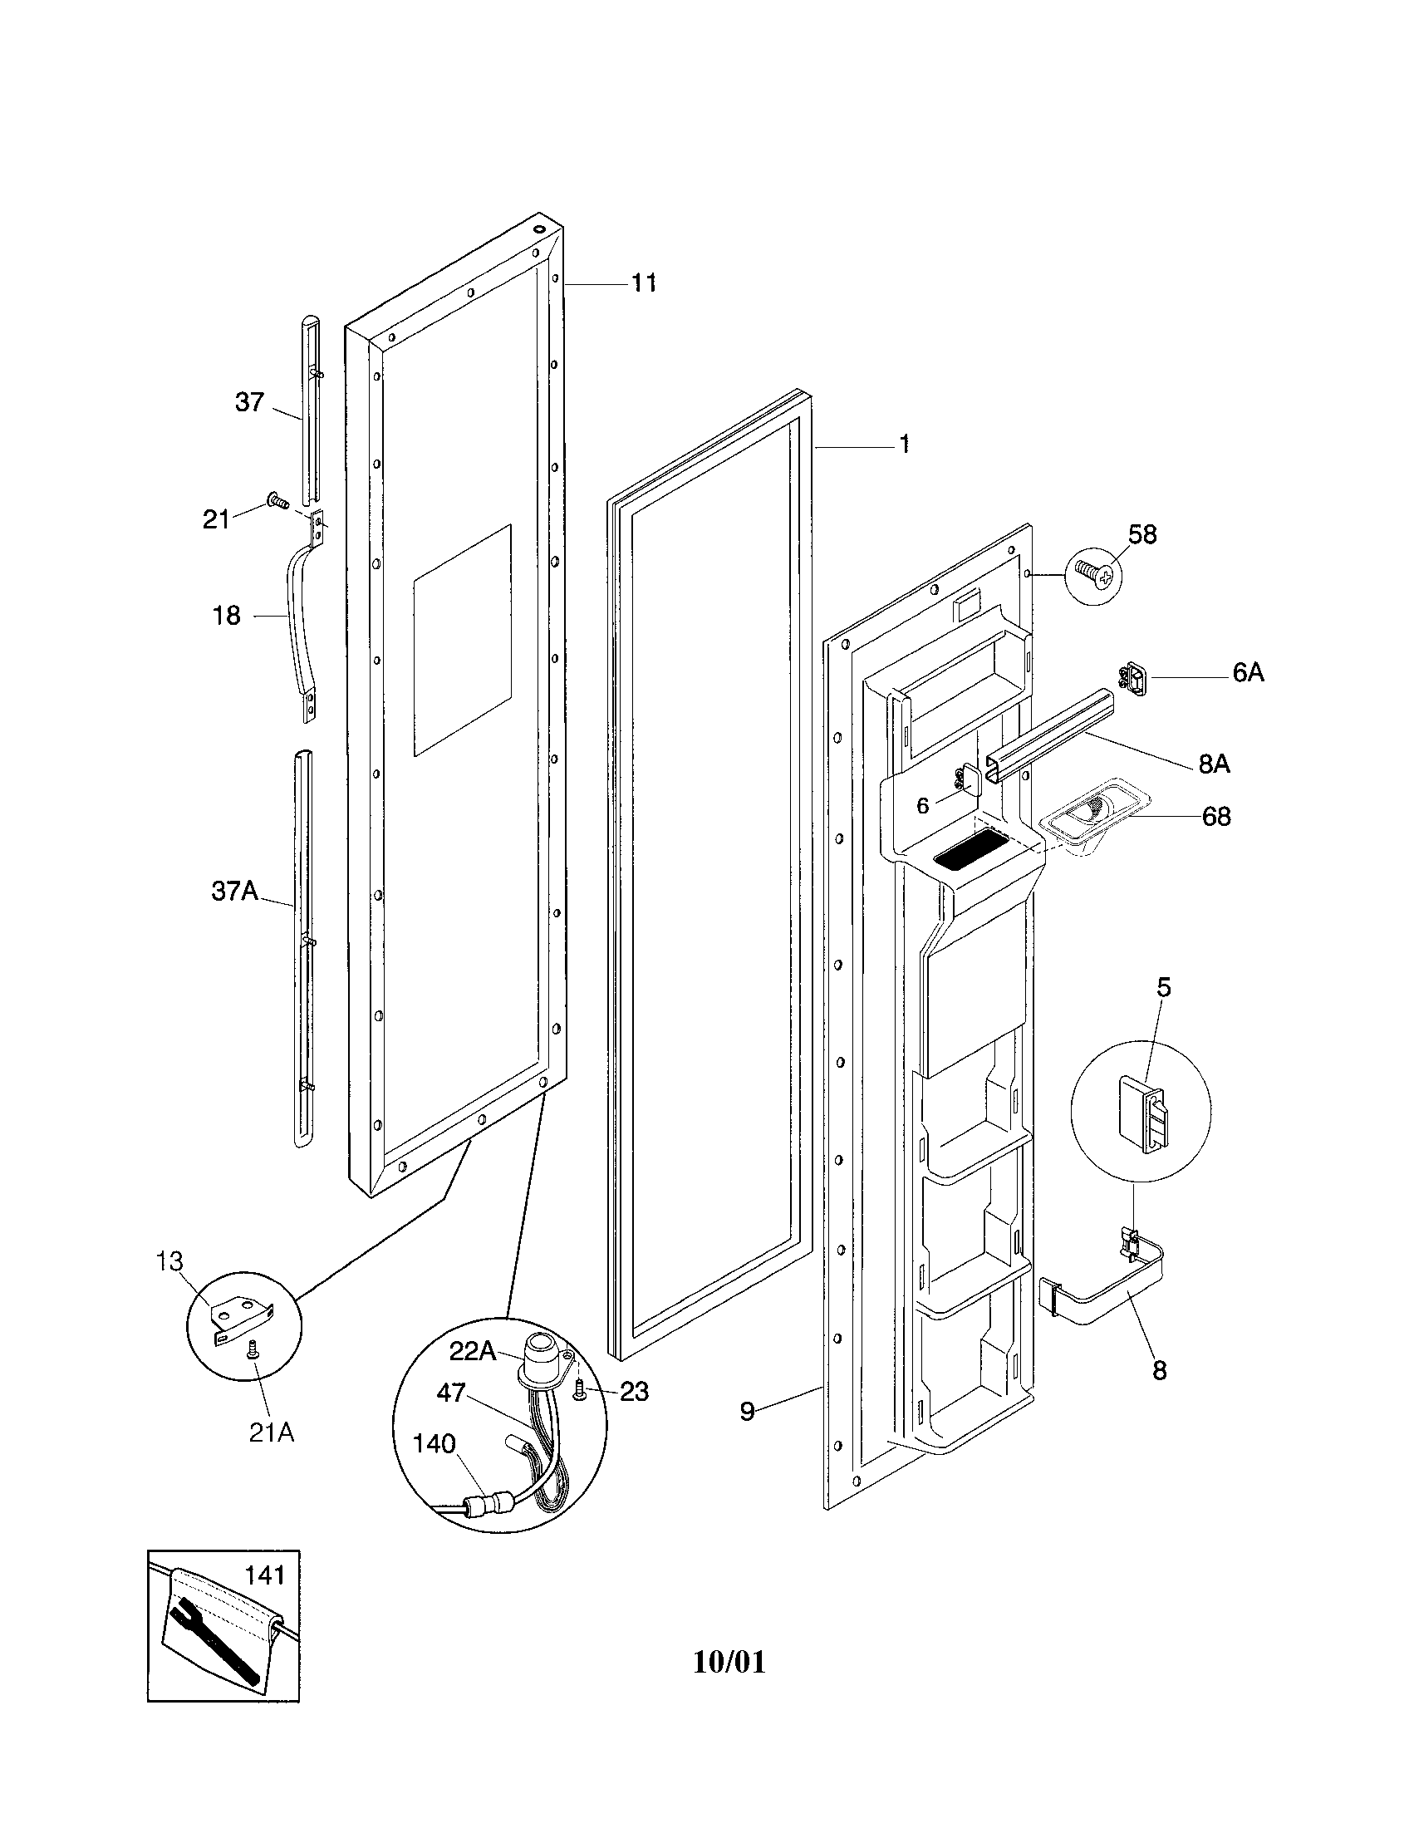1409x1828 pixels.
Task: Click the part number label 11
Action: [x=642, y=283]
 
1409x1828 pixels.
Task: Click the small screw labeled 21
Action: [x=276, y=500]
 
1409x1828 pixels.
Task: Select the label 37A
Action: [x=234, y=891]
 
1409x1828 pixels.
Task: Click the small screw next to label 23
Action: [x=580, y=1391]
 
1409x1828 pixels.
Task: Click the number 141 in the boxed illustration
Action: [x=264, y=1575]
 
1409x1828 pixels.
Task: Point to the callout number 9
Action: [x=747, y=1412]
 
